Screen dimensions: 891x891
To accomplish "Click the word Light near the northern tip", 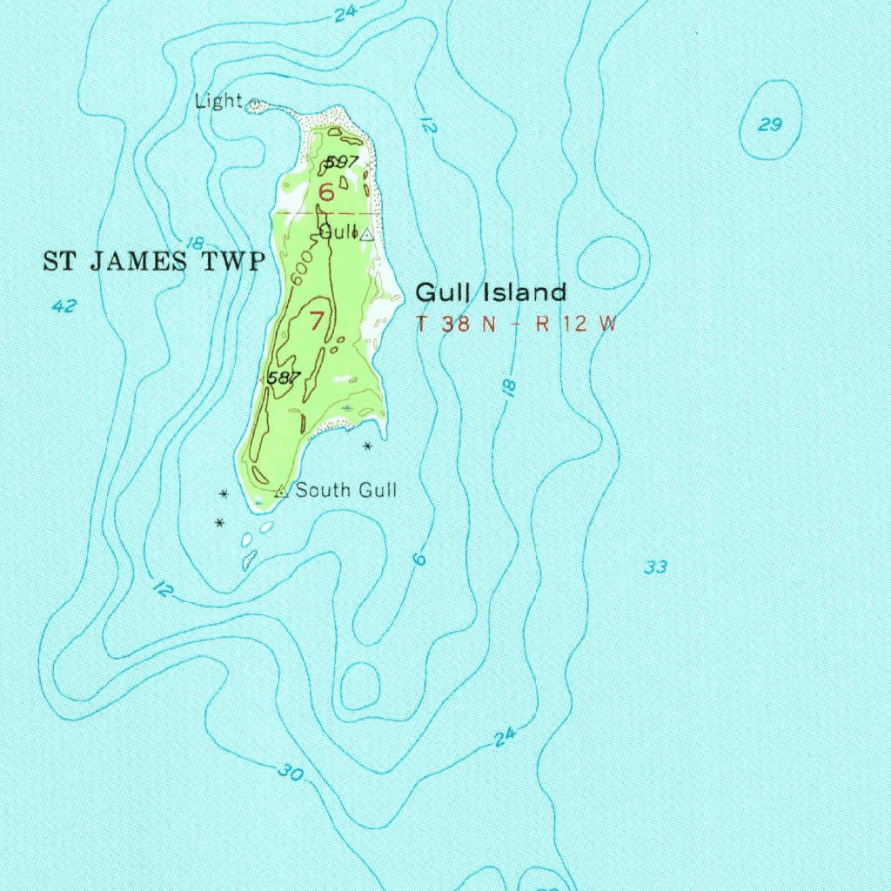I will coord(218,101).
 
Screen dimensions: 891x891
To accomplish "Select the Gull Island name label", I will coord(491,292).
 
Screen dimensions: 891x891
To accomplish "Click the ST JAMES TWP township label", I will coord(153,261).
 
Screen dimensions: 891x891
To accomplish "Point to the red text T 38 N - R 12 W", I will coord(516,325).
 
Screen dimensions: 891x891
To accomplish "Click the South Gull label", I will coord(346,491).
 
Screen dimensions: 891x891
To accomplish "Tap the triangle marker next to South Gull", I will coord(281,492).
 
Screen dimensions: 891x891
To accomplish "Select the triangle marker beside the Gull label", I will coord(367,234).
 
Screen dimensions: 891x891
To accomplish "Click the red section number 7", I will coord(316,320).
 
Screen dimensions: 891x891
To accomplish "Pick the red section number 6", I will coord(325,192).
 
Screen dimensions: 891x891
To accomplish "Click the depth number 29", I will coord(770,125).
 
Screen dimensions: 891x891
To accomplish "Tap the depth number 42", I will coord(64,306).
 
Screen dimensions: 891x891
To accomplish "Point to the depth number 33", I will coord(655,568).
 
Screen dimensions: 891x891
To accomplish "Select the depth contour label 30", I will coord(291,771).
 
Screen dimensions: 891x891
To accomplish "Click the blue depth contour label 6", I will coord(420,559).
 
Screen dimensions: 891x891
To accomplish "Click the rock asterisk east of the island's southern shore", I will coord(368,446).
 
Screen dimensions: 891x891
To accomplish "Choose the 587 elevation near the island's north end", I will coord(342,162).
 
